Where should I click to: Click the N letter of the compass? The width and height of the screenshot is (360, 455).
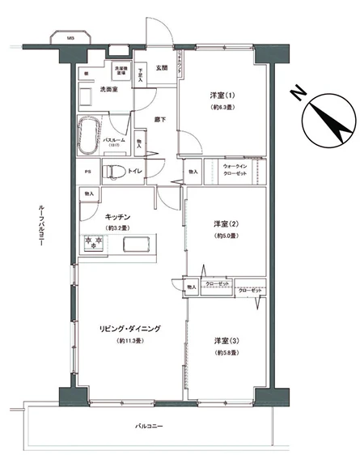(x=299, y=95)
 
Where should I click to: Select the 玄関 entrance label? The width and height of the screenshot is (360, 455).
(x=161, y=68)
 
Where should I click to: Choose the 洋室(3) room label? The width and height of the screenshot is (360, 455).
(x=226, y=340)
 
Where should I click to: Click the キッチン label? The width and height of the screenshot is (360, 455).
(x=118, y=216)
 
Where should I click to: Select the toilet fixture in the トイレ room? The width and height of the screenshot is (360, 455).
(x=112, y=172)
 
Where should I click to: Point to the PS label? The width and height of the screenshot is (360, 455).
(x=87, y=172)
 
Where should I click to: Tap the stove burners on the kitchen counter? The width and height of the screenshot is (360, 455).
(x=93, y=242)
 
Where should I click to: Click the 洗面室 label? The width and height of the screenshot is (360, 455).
(x=109, y=89)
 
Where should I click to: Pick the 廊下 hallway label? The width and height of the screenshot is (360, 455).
(x=160, y=119)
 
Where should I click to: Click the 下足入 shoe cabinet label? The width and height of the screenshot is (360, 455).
(x=141, y=73)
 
